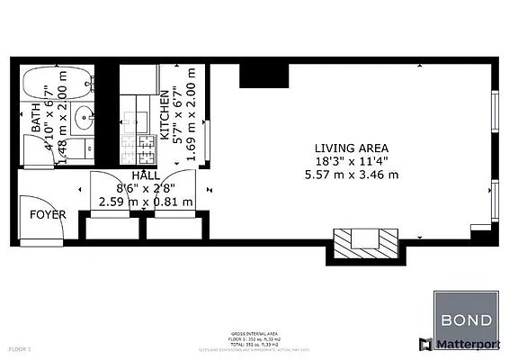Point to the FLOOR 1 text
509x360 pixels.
pos(21,346)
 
